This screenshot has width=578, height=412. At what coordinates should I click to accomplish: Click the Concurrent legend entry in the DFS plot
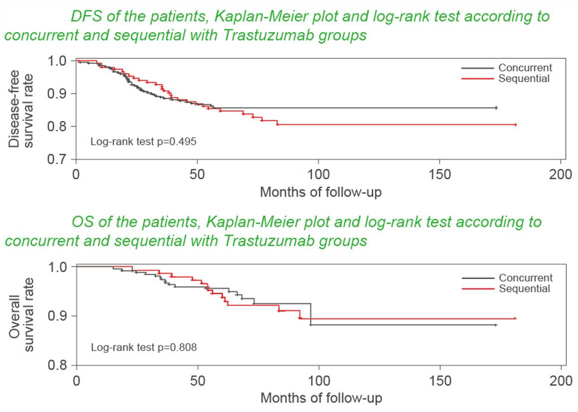[525, 68]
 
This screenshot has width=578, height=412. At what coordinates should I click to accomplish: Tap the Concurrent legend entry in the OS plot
[525, 278]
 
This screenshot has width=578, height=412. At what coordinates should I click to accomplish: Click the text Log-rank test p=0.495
[143, 141]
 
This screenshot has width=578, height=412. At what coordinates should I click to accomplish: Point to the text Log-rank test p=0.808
[144, 347]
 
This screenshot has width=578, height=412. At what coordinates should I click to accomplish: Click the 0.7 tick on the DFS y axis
[58, 159]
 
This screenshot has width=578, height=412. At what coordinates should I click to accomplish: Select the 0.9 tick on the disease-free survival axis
[58, 94]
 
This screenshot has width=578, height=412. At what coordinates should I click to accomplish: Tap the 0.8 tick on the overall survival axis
[58, 365]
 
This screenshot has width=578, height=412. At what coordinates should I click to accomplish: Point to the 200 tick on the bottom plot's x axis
[561, 380]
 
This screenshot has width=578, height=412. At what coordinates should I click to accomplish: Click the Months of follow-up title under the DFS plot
[321, 192]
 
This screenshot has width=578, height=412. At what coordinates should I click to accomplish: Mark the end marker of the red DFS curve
[515, 124]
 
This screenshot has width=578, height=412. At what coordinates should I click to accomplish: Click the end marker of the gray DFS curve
[496, 108]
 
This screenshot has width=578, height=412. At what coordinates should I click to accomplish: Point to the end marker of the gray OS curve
[495, 325]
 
